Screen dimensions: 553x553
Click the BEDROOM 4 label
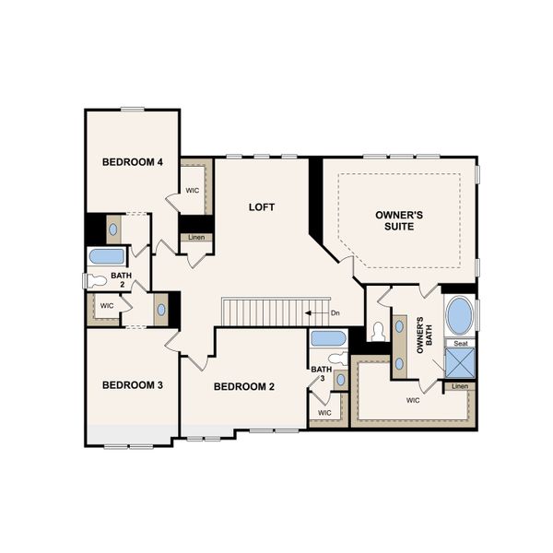[133, 162]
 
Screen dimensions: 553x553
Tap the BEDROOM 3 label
[133, 384]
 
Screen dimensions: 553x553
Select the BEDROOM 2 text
[244, 386]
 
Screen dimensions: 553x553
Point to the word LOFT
[262, 207]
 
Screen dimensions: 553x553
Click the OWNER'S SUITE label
[399, 220]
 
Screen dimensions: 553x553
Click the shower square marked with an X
[459, 363]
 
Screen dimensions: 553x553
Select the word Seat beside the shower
[460, 343]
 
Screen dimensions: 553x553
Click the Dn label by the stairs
[335, 313]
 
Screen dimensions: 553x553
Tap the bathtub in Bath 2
[105, 256]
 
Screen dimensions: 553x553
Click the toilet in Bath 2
[98, 280]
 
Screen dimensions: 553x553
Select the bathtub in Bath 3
[328, 338]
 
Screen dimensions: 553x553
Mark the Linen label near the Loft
[196, 237]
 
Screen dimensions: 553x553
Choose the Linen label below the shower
[460, 386]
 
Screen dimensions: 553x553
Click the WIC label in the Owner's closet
[413, 401]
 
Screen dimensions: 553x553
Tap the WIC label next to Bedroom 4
[193, 191]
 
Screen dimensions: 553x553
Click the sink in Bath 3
[340, 379]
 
